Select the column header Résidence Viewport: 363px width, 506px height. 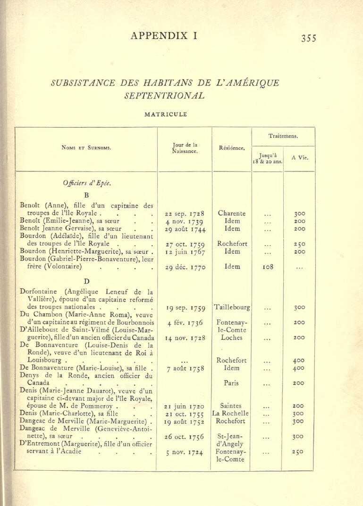(x=232, y=147)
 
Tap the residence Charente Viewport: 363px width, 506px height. (x=232, y=213)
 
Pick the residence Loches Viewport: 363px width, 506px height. (x=231, y=337)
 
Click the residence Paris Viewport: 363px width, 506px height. (x=231, y=383)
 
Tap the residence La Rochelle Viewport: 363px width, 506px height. (x=231, y=413)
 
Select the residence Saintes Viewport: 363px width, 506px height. (x=231, y=405)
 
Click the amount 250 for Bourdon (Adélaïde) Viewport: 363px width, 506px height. (x=299, y=244)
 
